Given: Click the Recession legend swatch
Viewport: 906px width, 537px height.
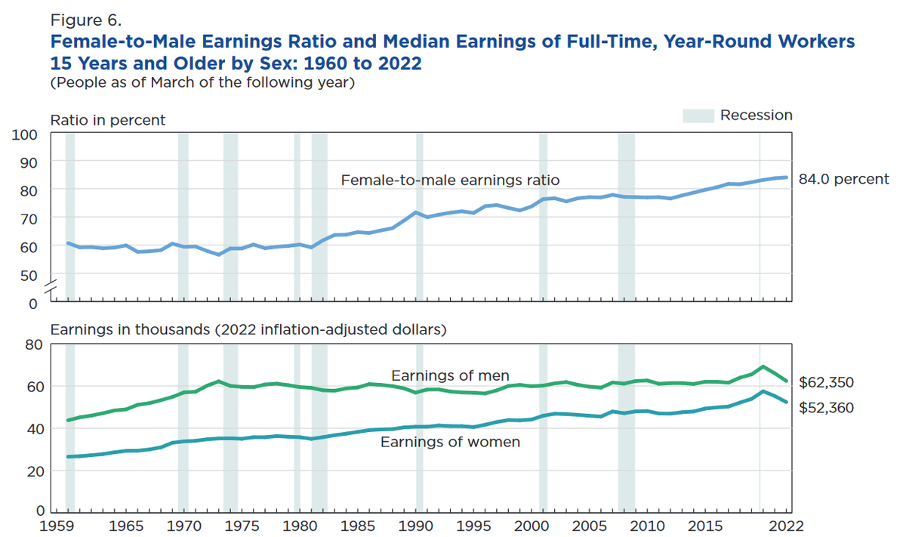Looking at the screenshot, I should point(698,116).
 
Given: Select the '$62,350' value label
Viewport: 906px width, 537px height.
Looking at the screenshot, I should point(827,383).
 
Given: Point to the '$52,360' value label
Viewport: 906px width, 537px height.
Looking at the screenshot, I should point(827,408).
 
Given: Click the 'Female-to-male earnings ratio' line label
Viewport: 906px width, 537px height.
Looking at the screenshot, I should point(450,181).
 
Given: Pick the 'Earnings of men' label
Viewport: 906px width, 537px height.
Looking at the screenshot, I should point(450,375).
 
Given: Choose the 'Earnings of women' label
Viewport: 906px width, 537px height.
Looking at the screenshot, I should point(450,442).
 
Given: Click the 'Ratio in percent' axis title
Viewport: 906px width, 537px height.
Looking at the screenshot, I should point(108,120).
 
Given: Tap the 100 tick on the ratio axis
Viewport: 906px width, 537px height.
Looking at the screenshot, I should point(26,134).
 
